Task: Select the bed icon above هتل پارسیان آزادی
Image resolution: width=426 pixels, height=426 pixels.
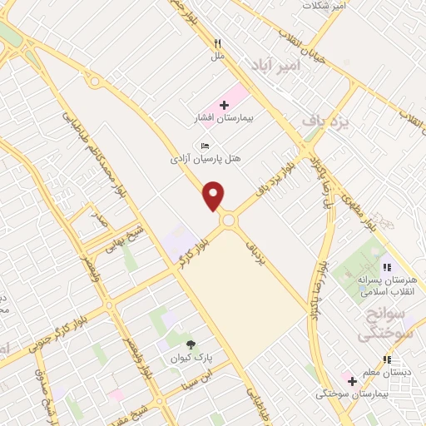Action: coord(206,145)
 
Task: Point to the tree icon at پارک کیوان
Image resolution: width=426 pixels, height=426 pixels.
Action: coord(191,344)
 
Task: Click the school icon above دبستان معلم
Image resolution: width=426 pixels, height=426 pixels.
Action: coord(386,359)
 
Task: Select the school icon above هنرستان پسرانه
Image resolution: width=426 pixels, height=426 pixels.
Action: coord(386,266)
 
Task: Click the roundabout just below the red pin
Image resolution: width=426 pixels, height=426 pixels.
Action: coord(227,220)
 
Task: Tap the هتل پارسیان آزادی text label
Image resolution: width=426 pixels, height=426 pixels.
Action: coord(205,157)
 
